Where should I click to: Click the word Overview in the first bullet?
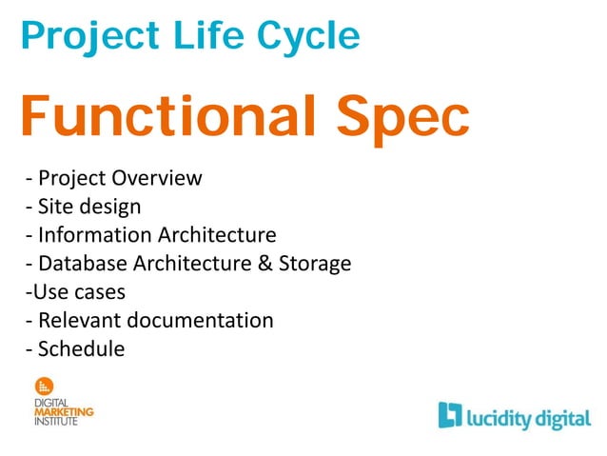point(156,178)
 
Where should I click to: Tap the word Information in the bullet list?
point(94,235)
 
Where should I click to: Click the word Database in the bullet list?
point(85,264)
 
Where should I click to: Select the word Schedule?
point(81,349)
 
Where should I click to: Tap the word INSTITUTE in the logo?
point(56,421)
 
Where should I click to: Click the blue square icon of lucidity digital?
point(450,414)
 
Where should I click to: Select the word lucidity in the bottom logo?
point(502,416)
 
